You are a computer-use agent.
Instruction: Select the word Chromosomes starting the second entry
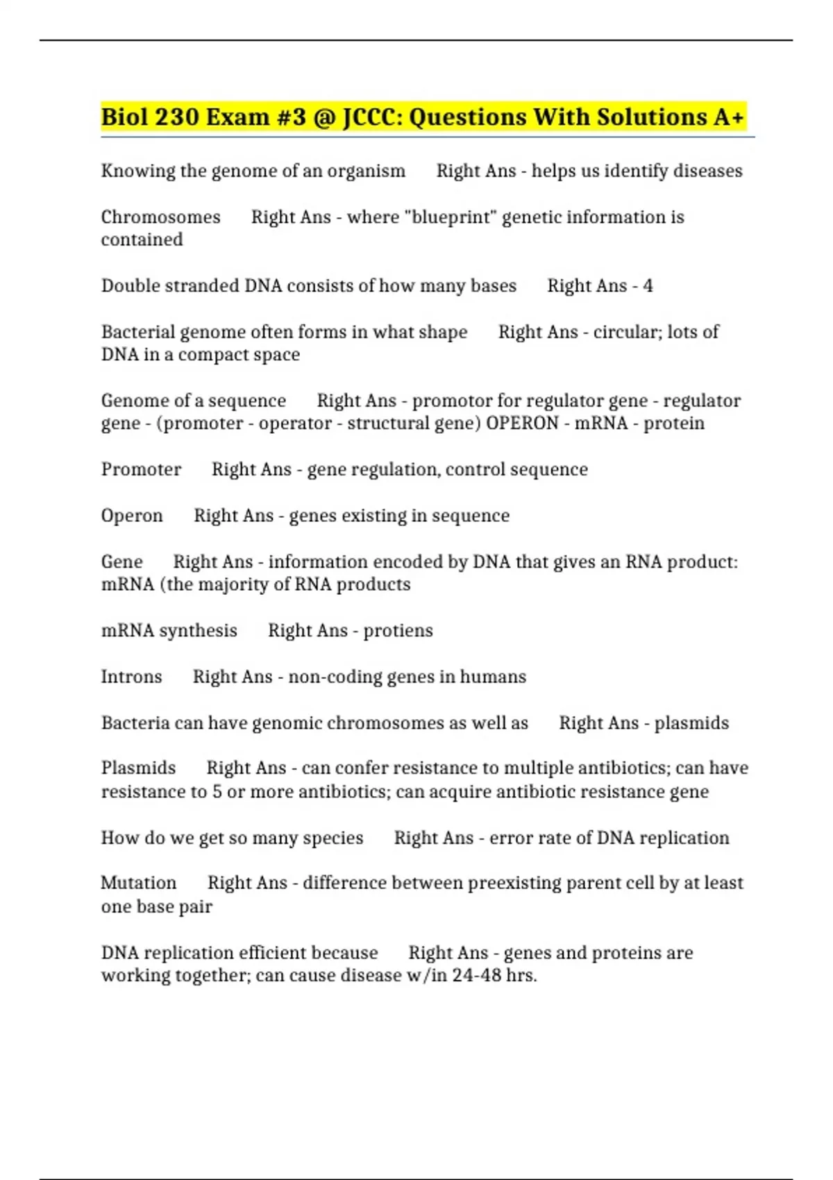[x=160, y=217]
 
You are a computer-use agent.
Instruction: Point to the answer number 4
[x=648, y=286]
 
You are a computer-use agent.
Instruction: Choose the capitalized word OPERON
[x=522, y=423]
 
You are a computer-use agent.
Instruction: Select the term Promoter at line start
[x=141, y=469]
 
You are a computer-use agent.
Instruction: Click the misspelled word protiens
[x=398, y=630]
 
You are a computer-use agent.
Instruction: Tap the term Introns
[x=131, y=677]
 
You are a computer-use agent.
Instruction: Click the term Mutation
[x=138, y=883]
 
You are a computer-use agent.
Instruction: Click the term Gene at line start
[x=121, y=562]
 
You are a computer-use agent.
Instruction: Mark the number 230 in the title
[x=177, y=117]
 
